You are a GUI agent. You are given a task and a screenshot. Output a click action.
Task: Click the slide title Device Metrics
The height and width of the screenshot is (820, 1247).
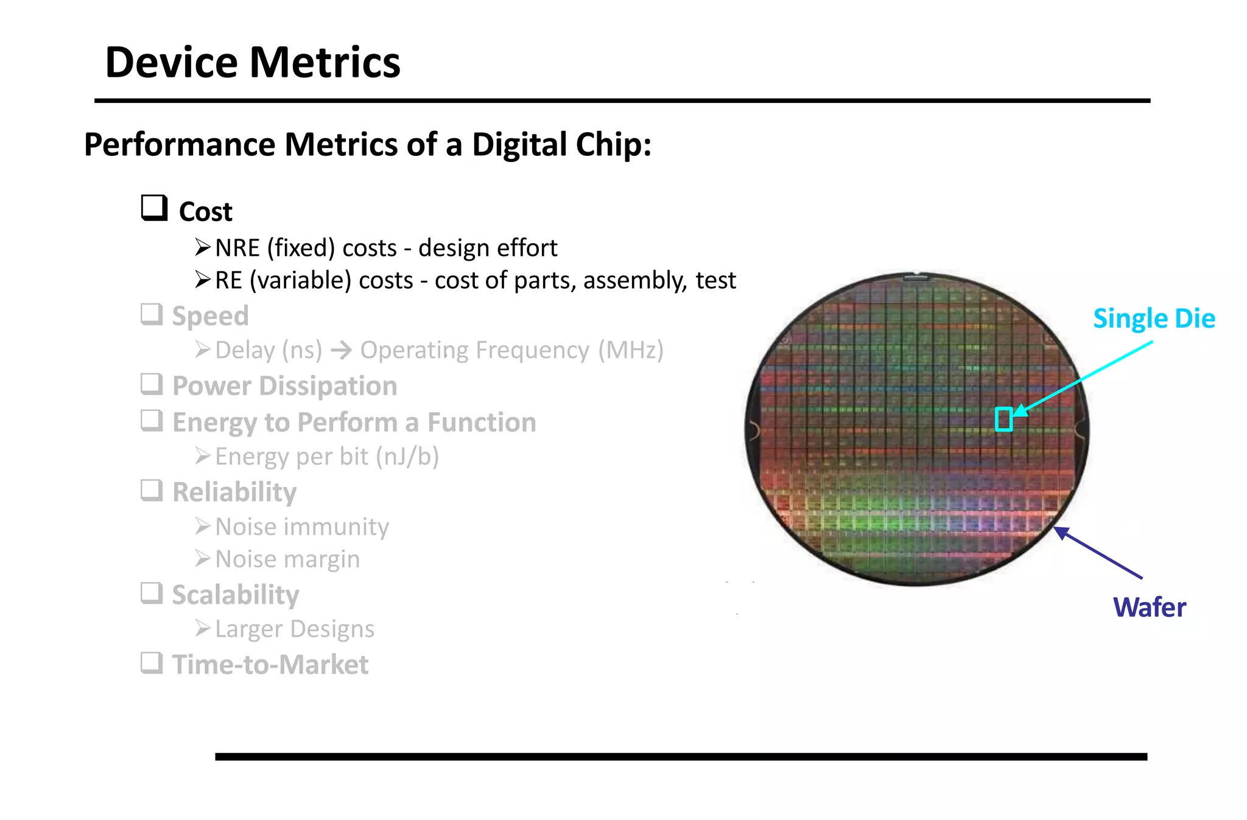[252, 63]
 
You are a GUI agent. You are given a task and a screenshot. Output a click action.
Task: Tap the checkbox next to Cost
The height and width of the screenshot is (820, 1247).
[153, 208]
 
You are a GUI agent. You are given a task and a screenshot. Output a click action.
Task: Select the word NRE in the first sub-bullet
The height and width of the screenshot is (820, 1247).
[237, 248]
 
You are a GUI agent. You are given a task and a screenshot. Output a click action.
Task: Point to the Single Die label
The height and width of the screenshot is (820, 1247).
[1153, 318]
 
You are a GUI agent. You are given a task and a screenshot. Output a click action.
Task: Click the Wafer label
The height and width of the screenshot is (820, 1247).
[1149, 608]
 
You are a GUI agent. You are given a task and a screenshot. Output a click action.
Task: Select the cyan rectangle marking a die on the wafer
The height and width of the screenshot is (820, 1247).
[1003, 419]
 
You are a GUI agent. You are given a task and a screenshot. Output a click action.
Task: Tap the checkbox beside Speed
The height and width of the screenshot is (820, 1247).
[152, 315]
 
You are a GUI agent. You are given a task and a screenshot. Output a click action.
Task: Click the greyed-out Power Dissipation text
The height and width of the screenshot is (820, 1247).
[284, 386]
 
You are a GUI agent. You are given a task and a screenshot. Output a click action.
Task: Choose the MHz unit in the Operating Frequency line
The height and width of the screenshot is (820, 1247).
[630, 350]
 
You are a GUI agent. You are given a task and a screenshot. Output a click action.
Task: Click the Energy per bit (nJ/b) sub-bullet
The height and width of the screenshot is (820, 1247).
[327, 457]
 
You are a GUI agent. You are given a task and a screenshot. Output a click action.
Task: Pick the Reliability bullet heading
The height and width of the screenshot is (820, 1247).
[234, 492]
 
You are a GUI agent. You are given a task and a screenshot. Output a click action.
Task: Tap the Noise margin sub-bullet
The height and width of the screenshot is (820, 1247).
[287, 559]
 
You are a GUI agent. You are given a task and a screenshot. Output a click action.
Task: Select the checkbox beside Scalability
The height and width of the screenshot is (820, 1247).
[152, 593]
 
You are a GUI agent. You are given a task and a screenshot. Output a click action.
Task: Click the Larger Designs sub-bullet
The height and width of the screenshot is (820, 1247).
[295, 629]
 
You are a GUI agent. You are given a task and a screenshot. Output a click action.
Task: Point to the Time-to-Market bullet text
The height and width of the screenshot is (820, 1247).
[270, 665]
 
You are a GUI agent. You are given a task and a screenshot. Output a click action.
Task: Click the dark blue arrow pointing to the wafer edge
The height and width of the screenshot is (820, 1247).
[1099, 553]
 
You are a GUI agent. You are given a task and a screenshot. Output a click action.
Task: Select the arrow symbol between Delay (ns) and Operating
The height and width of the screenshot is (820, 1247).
[341, 350]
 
